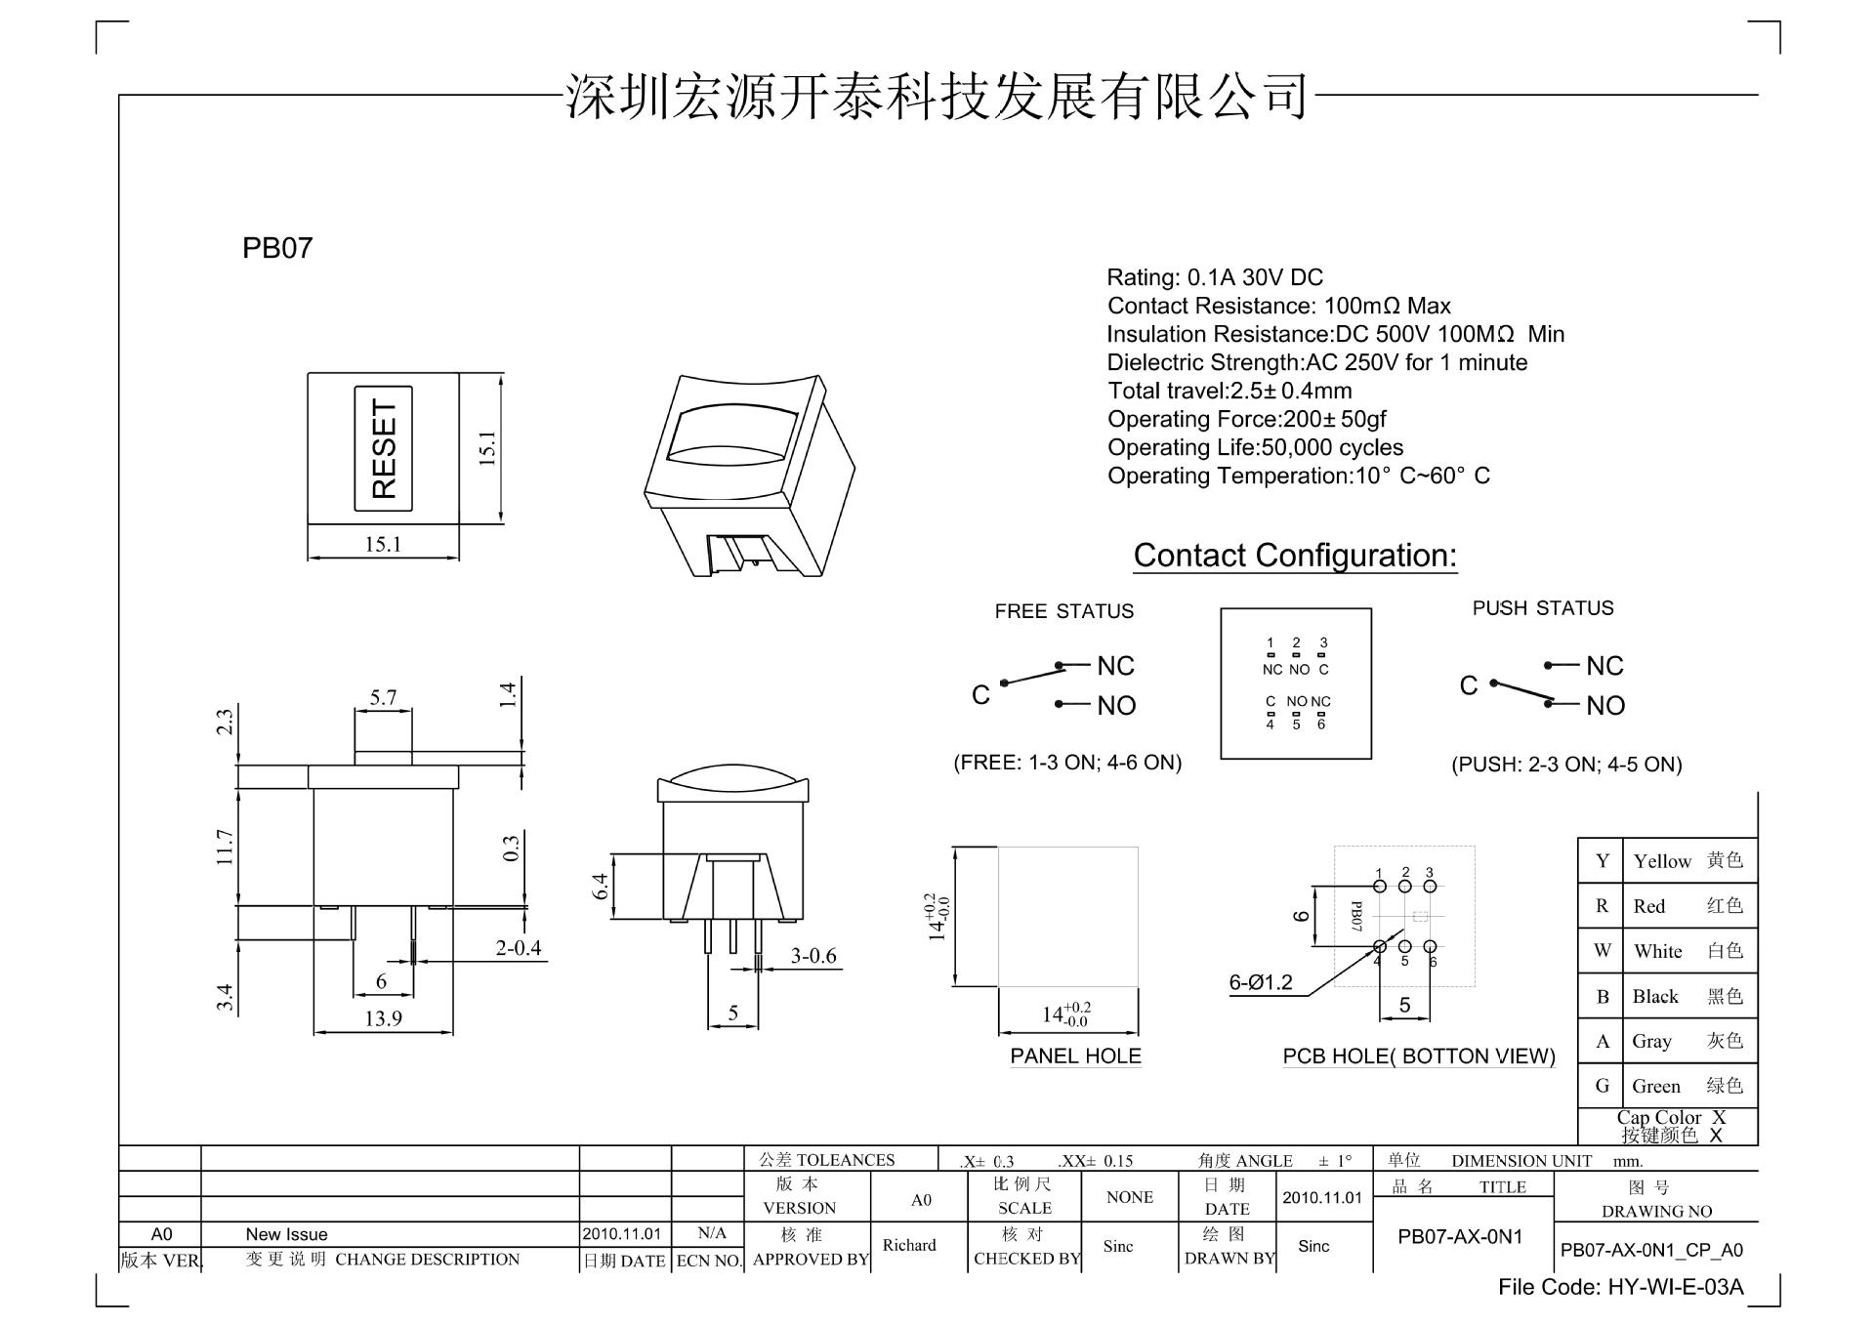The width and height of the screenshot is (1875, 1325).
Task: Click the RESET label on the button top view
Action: (384, 448)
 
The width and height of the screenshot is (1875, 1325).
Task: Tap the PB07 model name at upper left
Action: (277, 248)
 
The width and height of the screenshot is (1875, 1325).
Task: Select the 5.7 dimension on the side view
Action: (383, 697)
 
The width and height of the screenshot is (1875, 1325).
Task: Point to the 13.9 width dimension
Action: (383, 1018)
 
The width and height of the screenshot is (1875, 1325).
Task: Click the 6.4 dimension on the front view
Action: (601, 887)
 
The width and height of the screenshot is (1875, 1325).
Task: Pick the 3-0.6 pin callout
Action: (813, 956)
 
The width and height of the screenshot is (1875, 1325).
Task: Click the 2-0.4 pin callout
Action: (518, 947)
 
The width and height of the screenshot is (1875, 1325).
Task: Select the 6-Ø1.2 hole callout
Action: (1260, 982)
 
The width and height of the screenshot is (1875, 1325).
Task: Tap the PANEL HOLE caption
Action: (1075, 1056)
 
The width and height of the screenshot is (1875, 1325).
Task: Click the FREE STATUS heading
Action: (1063, 611)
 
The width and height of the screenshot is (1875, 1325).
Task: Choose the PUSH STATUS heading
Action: (1543, 608)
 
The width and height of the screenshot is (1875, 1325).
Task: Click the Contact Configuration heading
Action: (1295, 556)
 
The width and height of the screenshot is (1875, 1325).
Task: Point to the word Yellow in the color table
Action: (1662, 861)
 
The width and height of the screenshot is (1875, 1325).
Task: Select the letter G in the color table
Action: (1602, 1086)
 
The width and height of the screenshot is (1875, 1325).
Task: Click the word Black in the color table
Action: (1655, 996)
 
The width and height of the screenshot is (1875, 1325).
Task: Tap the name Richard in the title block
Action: (909, 1245)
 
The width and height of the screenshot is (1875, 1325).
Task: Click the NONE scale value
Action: (1130, 1197)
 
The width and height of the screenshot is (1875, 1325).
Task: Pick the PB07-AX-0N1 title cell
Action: (1460, 1237)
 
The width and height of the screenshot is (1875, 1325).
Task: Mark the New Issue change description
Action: (286, 1234)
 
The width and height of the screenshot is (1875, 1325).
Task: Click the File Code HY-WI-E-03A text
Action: (1620, 1287)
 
